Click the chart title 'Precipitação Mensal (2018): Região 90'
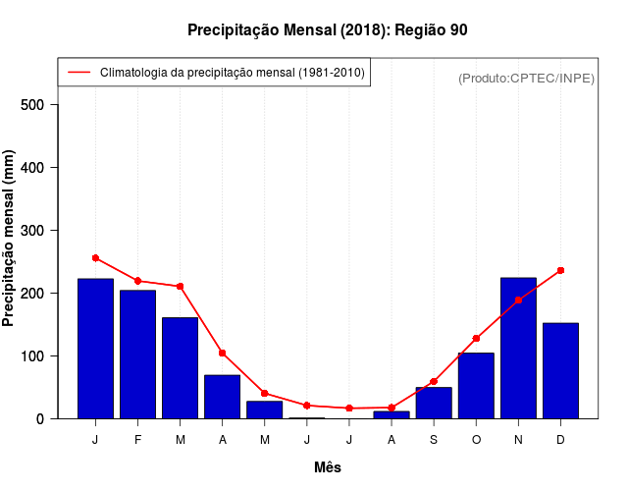(x=328, y=30)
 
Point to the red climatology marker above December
(x=560, y=270)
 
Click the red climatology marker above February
(x=137, y=281)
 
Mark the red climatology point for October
(x=476, y=338)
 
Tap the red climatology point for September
(x=434, y=381)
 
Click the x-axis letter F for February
(x=137, y=440)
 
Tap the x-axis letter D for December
(x=560, y=440)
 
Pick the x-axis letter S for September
(x=434, y=440)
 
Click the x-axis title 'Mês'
(x=328, y=467)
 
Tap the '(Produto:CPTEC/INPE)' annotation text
(x=526, y=78)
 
